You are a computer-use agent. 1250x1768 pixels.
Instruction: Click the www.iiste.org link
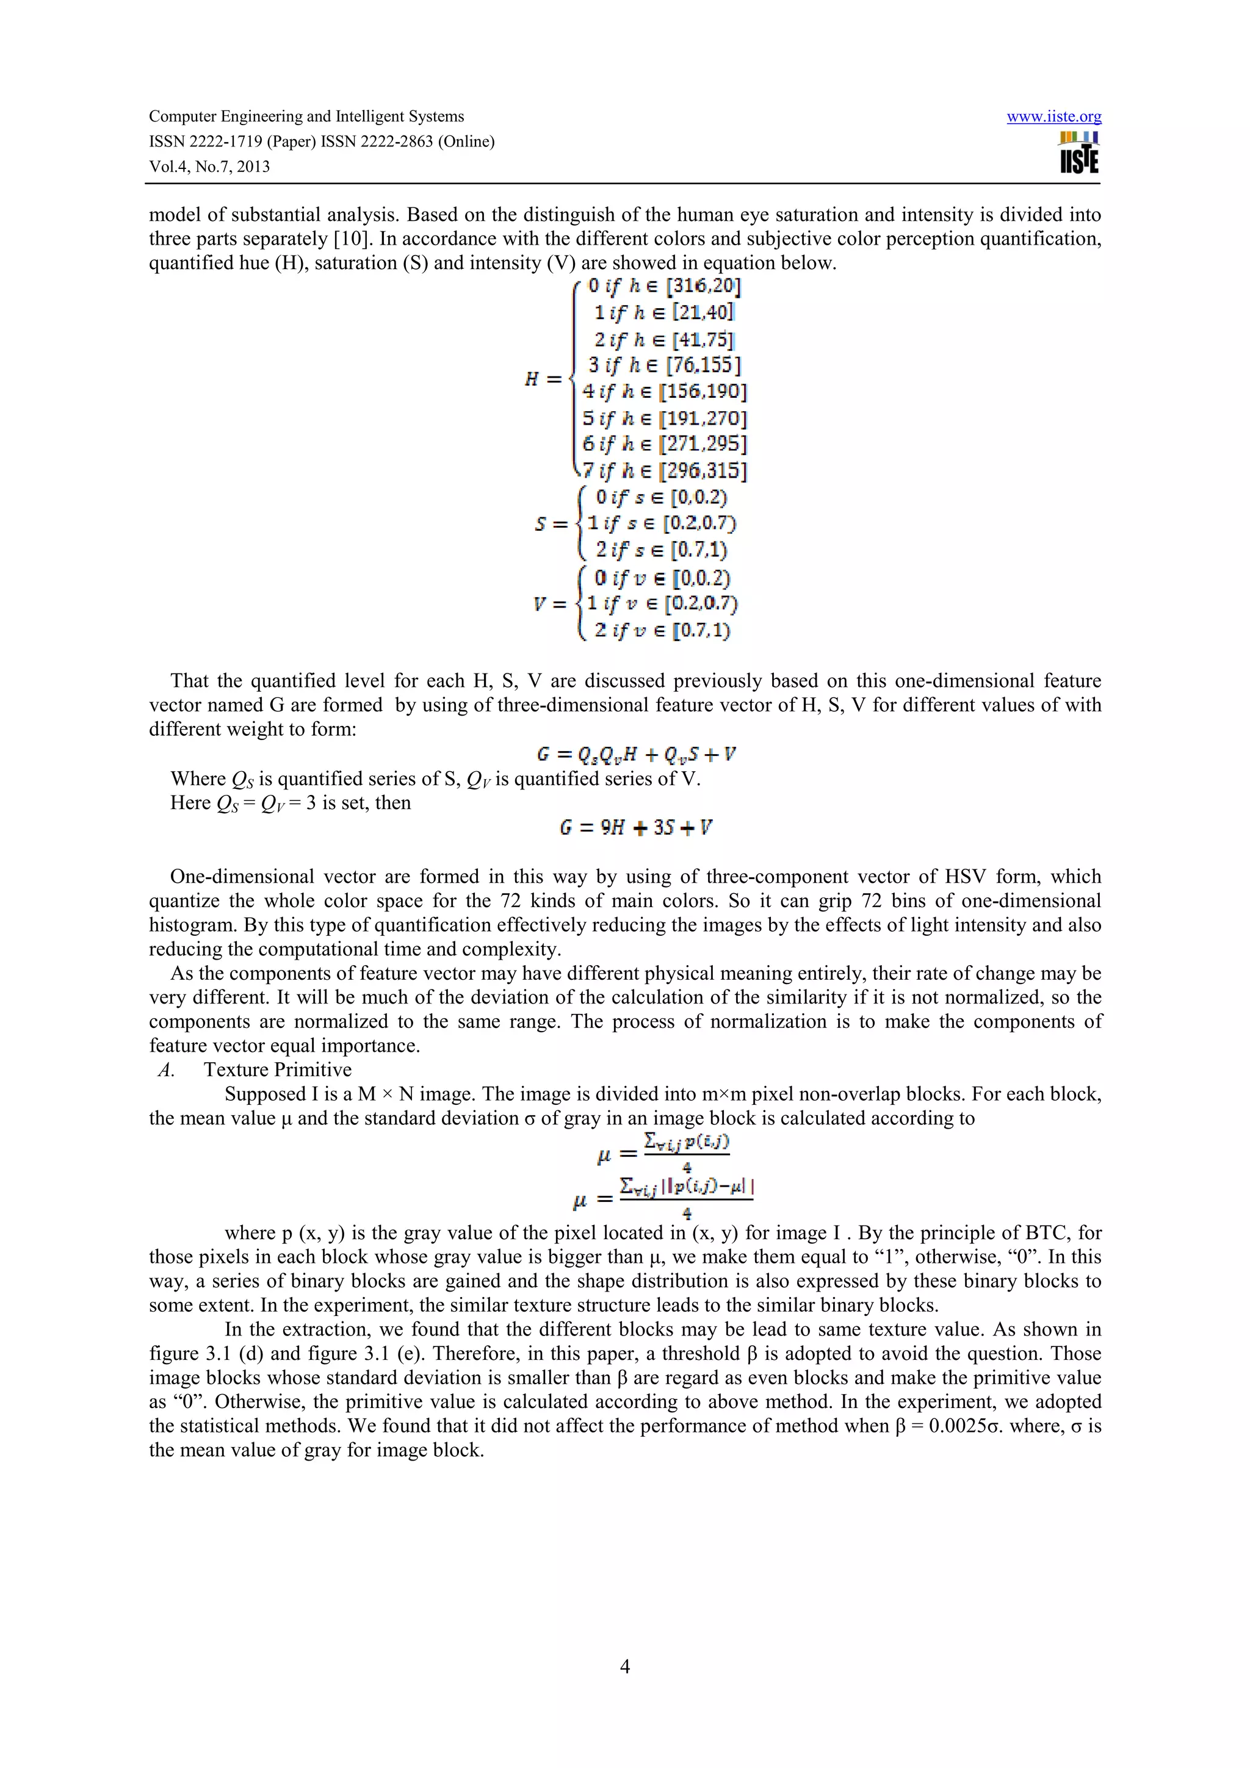coord(1053,117)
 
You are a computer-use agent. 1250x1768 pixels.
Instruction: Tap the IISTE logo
coord(1079,153)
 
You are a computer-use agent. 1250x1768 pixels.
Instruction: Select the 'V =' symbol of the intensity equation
coord(550,605)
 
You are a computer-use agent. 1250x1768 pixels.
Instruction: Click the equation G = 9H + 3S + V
coord(635,828)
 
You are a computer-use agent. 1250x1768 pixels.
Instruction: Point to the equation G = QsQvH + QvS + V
coord(635,755)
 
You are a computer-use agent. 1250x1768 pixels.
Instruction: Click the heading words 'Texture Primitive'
coord(277,1069)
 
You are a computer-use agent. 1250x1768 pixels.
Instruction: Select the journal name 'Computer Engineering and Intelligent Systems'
coord(306,117)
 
